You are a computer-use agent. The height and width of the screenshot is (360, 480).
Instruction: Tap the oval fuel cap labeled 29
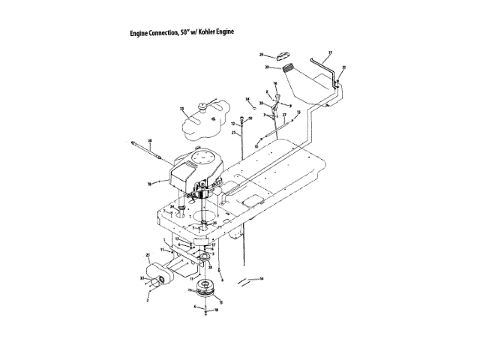click(x=283, y=55)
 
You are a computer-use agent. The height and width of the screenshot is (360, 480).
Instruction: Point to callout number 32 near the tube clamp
click(x=344, y=67)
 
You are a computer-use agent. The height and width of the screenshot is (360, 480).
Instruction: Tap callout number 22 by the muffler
click(x=148, y=256)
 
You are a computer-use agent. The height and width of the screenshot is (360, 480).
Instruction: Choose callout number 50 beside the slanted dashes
click(x=262, y=278)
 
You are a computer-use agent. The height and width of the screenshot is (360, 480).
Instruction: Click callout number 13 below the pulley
click(x=220, y=301)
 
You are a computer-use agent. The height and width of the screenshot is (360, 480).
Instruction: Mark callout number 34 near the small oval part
click(x=247, y=99)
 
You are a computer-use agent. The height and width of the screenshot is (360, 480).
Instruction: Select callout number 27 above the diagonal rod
click(x=284, y=115)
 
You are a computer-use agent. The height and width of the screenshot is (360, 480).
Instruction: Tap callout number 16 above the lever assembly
click(x=275, y=83)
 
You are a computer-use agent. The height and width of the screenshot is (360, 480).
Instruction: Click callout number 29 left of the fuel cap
click(x=262, y=55)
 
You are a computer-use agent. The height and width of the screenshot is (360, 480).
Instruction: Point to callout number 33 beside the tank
click(x=181, y=109)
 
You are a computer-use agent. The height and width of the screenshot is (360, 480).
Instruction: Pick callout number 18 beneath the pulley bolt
click(x=217, y=310)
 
